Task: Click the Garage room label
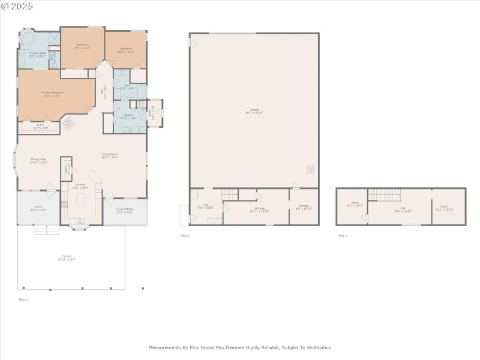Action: pos(254,111)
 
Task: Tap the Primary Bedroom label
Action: pos(52,94)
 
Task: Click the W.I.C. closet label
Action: pos(40,127)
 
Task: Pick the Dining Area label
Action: pos(39,160)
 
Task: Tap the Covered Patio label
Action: pos(124,210)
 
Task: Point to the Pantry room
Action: pos(66,169)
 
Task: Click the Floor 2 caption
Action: pos(185,236)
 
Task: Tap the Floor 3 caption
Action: pos(341,236)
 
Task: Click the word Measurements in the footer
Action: pos(166,347)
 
